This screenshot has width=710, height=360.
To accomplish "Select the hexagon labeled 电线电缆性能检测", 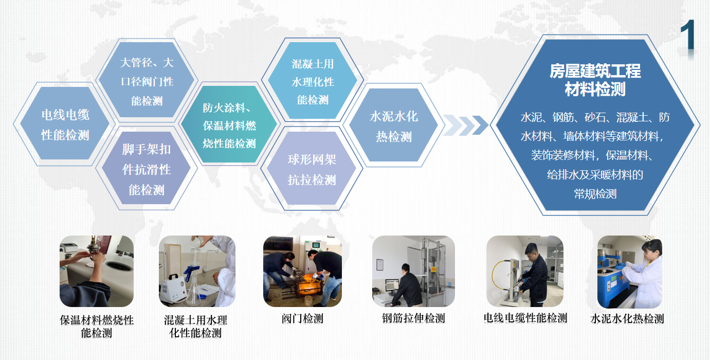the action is [x=65, y=123].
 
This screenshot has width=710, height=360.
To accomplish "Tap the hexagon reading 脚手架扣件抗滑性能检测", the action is [x=147, y=168].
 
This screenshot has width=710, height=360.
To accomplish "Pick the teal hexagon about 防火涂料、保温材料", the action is [x=229, y=124].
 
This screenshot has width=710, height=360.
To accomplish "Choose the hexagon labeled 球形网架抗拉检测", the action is [x=312, y=168].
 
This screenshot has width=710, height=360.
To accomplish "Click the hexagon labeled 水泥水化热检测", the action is [x=394, y=125].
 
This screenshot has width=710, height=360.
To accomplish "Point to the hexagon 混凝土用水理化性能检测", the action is [x=313, y=81].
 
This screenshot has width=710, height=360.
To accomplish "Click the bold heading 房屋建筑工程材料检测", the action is [x=595, y=80].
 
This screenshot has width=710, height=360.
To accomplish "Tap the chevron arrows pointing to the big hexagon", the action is [x=465, y=125].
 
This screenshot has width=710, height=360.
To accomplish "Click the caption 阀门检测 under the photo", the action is [x=303, y=318].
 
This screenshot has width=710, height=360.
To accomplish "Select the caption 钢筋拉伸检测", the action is [x=414, y=318].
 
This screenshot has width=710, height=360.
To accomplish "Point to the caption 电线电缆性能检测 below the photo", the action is [x=525, y=318].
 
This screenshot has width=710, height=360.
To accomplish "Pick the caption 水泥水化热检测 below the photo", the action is [x=627, y=319].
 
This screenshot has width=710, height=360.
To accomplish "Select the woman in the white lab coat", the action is [x=644, y=274].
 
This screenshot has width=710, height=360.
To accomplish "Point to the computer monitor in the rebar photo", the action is [x=392, y=285].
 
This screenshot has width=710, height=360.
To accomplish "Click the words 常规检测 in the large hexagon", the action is [x=595, y=193].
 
